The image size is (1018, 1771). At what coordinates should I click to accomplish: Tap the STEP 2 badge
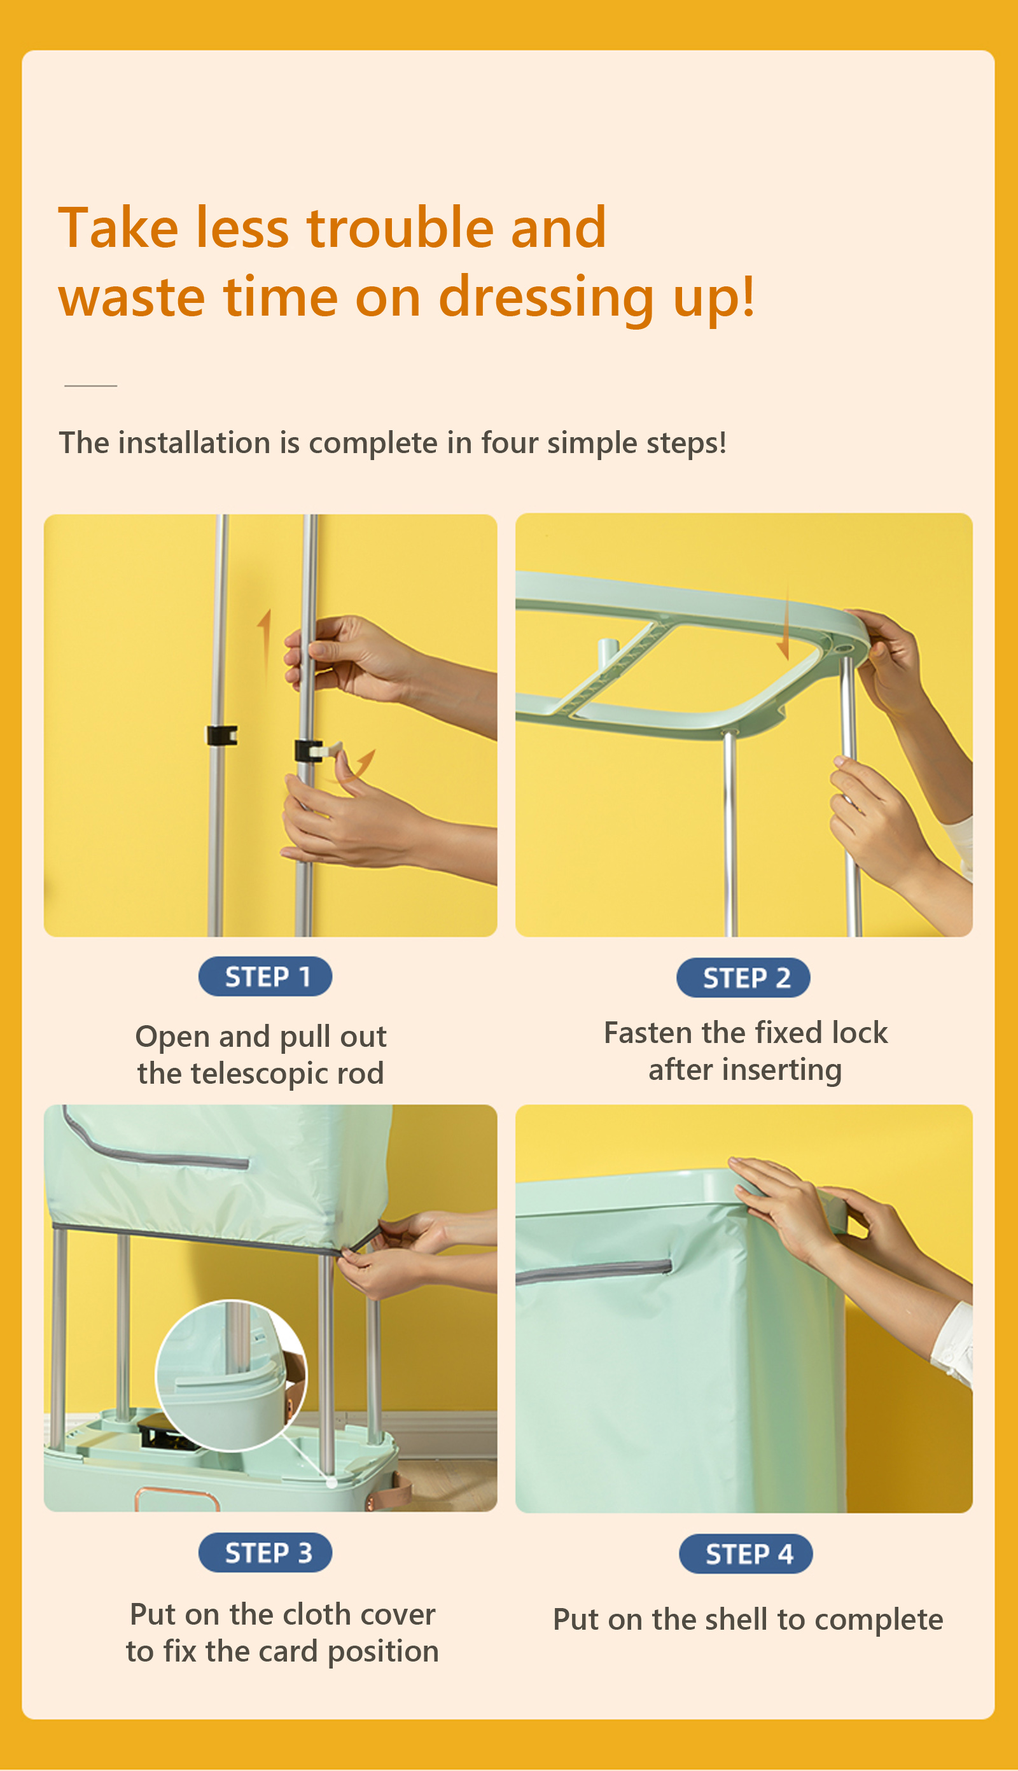743,977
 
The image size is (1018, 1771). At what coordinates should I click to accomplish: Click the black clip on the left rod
221,735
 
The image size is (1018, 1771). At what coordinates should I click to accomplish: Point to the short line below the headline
90,385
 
